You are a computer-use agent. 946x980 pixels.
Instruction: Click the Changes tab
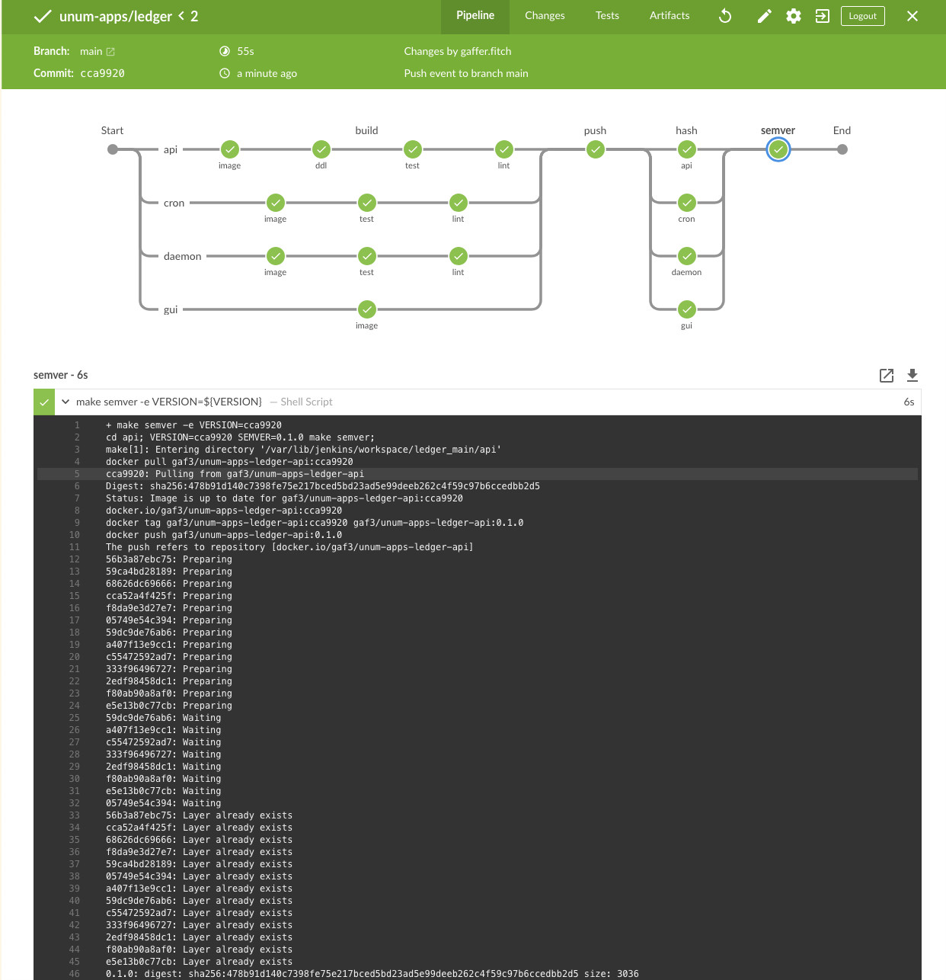[x=545, y=15]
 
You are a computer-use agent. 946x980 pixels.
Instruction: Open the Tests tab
[x=606, y=15]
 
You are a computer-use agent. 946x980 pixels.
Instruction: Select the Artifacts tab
[x=669, y=15]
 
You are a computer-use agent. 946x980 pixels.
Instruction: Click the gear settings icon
[x=793, y=16]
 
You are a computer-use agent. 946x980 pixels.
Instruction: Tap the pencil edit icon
[x=764, y=16]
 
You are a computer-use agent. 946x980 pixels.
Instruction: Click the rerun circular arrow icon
[x=725, y=16]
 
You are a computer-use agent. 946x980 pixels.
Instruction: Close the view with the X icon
[x=912, y=16]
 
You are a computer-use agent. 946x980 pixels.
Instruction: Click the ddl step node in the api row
[x=321, y=149]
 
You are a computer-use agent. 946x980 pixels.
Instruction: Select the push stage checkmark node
[x=595, y=149]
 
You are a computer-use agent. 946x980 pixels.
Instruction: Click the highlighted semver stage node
[x=778, y=149]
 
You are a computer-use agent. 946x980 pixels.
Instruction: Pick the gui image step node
[x=367, y=309]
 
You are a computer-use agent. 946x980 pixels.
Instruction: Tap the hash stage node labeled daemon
[x=687, y=256]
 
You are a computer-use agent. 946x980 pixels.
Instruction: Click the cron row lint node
[x=459, y=203]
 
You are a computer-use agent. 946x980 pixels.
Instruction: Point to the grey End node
[x=842, y=149]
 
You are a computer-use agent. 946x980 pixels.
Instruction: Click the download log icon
[x=912, y=375]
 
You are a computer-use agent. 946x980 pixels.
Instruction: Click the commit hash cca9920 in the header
[x=102, y=73]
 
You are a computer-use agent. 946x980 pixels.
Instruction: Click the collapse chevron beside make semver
[x=66, y=402]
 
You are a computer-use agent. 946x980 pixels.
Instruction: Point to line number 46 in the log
[x=74, y=973]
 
